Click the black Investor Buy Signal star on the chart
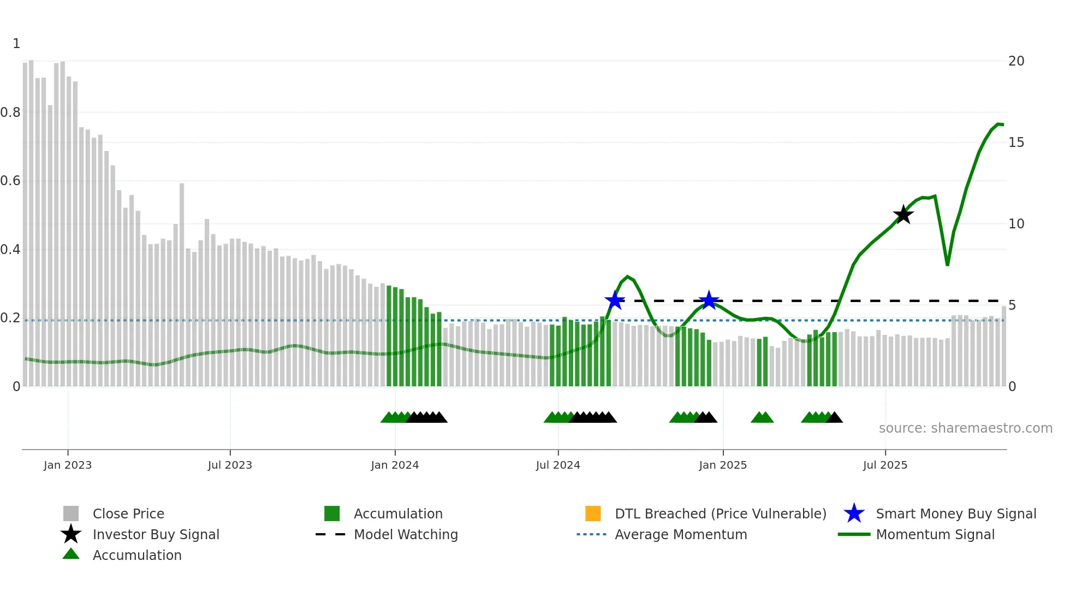903,215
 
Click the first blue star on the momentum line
615,300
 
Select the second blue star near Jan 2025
709,300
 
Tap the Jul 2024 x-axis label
558,465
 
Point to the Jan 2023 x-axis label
68,465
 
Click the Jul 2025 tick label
885,465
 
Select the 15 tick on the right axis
1016,143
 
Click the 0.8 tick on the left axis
10,113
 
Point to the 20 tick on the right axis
1016,61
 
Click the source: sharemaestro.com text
965,428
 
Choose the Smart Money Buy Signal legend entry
955,514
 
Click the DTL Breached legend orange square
593,514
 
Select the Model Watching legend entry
406,534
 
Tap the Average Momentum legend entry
680,534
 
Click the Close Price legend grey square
71,514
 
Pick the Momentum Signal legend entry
935,534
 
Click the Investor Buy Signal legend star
71,534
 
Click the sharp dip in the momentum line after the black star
947,264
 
